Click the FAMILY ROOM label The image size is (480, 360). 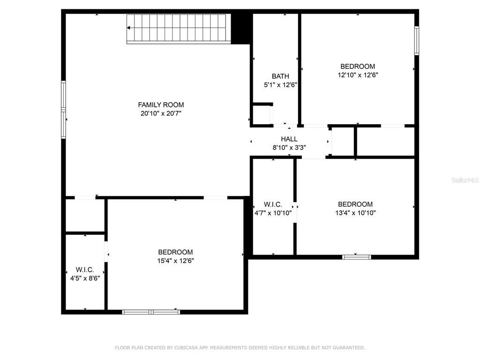[161, 105]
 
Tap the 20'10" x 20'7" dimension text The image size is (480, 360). [161, 113]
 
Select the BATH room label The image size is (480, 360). [280, 76]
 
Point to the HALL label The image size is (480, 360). [289, 139]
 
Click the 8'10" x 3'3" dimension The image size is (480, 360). [289, 148]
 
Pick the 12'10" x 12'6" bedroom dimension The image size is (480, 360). [358, 75]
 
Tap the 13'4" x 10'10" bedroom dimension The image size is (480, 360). [355, 213]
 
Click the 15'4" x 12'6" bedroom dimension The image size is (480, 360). [176, 261]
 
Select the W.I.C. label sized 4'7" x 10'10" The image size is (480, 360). [273, 204]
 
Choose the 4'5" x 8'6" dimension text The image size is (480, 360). [85, 278]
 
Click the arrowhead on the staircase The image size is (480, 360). [128, 28]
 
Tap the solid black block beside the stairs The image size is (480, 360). [241, 29]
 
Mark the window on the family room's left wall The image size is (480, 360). [63, 110]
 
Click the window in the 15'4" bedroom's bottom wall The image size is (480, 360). [151, 312]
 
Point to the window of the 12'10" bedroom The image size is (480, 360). [417, 41]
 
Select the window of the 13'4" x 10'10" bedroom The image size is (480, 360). [357, 257]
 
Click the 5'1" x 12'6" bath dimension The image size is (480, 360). [280, 85]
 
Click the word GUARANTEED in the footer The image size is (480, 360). [349, 347]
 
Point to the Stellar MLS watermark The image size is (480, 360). [465, 180]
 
